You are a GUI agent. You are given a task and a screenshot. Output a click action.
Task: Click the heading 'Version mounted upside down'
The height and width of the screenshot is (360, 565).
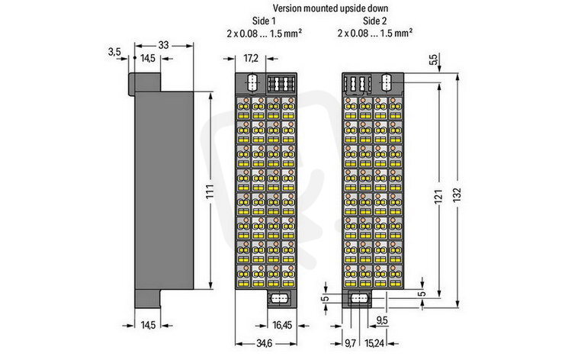tap(330, 8)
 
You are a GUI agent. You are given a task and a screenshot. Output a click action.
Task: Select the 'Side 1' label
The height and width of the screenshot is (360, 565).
tap(266, 21)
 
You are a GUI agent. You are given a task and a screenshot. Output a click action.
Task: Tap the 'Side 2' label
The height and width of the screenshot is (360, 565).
tap(374, 21)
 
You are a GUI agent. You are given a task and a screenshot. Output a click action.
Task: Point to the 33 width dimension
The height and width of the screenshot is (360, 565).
tap(163, 45)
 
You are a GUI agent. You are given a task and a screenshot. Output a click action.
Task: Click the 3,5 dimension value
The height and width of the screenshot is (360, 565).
tap(114, 52)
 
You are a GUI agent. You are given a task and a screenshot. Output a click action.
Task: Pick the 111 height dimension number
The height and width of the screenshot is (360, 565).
tap(210, 191)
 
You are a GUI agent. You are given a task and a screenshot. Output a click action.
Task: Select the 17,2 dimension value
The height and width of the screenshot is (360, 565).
tap(251, 58)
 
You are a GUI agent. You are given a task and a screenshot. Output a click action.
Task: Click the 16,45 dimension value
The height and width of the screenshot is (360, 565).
tap(282, 325)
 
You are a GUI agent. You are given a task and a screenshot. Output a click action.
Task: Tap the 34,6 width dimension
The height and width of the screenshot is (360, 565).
tap(264, 343)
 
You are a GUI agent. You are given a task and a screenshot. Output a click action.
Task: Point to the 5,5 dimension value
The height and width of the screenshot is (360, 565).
tap(434, 59)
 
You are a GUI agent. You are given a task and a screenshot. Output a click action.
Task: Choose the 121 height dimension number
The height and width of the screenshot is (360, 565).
tap(438, 196)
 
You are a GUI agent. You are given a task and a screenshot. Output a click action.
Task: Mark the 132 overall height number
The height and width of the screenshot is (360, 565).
tap(457, 195)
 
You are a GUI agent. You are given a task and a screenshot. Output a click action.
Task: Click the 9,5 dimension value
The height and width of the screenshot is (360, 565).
tap(382, 320)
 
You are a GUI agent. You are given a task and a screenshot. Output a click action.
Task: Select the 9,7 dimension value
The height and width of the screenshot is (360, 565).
tap(350, 343)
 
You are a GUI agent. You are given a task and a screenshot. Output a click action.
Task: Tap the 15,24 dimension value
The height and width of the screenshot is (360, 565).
tap(374, 343)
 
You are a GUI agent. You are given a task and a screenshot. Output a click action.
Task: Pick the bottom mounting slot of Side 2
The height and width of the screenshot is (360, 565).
tap(360, 299)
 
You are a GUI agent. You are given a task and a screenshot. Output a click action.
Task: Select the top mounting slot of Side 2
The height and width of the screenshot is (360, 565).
tap(387, 82)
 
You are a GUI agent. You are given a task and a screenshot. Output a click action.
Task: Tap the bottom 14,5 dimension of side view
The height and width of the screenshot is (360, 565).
tap(148, 325)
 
